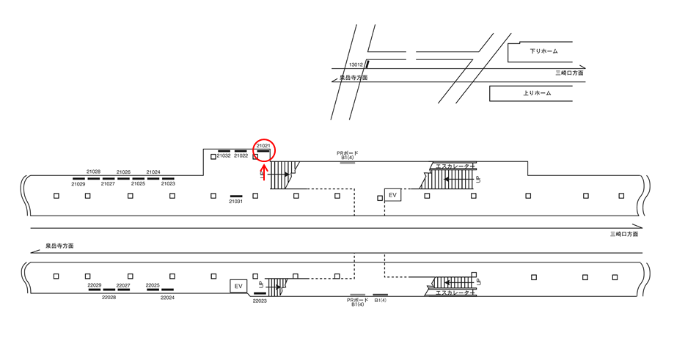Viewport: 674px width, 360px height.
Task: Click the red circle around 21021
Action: coord(264,149)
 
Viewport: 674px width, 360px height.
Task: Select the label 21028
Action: coord(93,172)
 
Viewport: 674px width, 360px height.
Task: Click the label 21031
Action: coord(235,202)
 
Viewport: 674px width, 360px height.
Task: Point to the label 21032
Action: coord(224,155)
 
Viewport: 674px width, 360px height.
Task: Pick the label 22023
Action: coord(260,301)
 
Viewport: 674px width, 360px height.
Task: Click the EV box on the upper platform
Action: coord(392,195)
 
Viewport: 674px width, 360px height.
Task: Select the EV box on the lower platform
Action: coord(238,285)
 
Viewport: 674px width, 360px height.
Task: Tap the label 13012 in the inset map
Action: coord(356,65)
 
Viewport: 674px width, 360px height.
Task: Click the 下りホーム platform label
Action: coord(543,51)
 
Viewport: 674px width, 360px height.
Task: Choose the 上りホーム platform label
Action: coord(537,93)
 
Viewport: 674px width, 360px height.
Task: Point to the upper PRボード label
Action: coord(348,153)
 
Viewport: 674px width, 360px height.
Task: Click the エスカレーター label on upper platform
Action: coord(453,166)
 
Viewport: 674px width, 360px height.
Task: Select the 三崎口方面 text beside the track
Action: coord(624,234)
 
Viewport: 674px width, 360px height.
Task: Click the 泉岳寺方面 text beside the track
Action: coord(59,246)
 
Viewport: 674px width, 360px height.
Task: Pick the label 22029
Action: coord(94,285)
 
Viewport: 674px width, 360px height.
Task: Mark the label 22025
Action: coord(153,285)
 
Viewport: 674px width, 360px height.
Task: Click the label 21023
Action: coord(168,184)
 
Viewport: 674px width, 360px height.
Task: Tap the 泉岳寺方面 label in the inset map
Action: coord(354,77)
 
